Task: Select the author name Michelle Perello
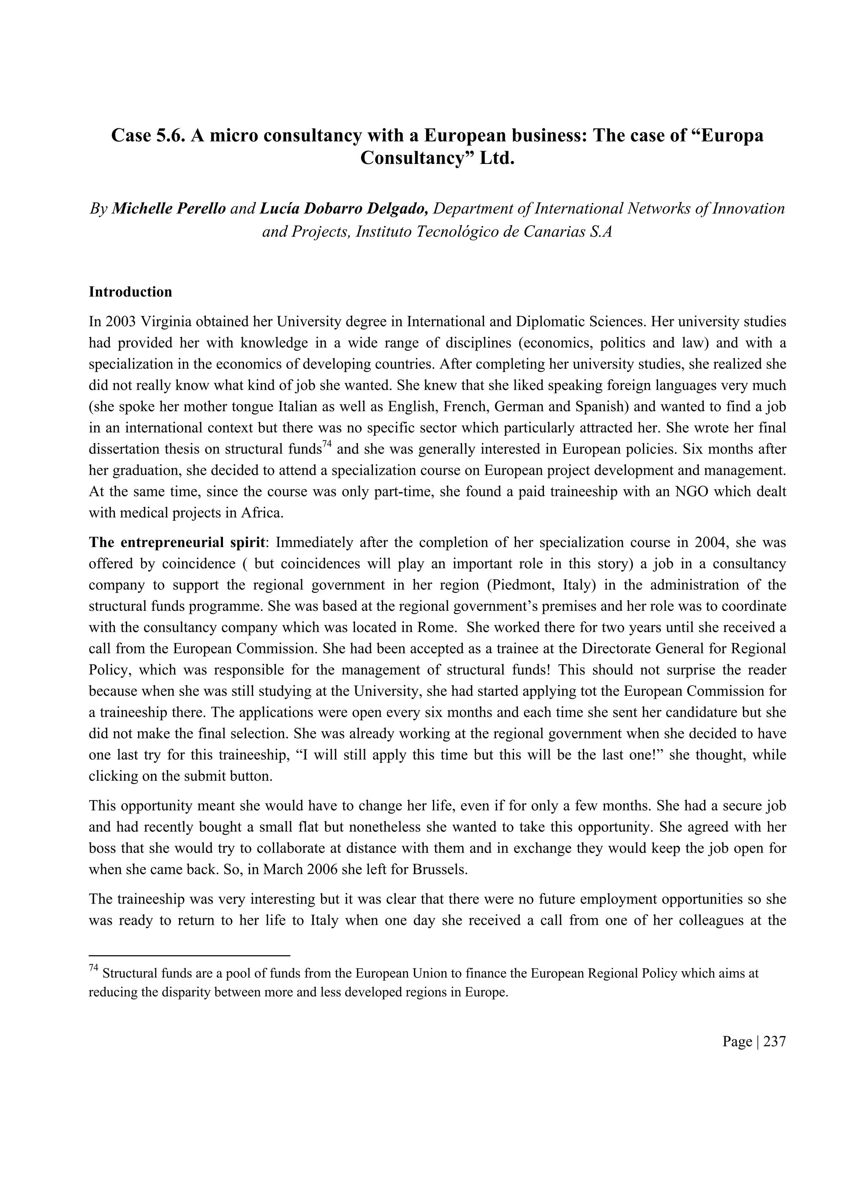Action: tap(169, 208)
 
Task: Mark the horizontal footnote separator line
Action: tap(189, 955)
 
